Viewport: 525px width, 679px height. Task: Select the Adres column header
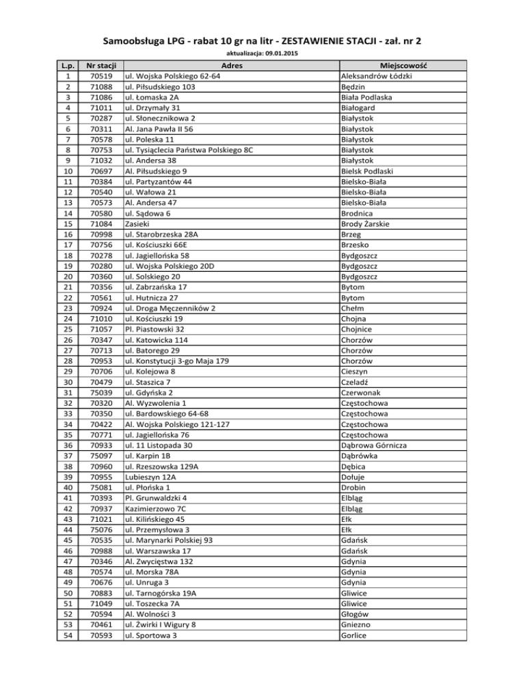[x=232, y=65]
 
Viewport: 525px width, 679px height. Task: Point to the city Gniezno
[x=356, y=625]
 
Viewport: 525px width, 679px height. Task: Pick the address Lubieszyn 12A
[x=150, y=477]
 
